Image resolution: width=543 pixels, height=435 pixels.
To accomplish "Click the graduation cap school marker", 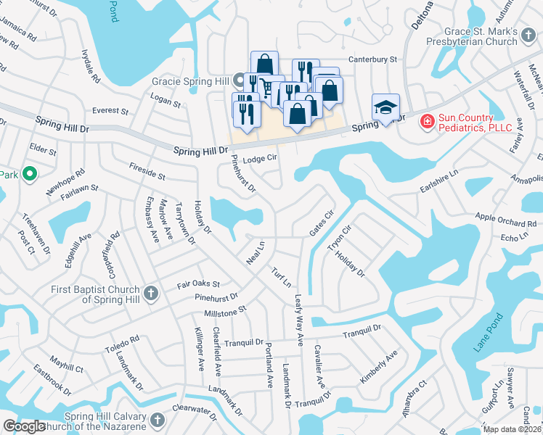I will click(385, 107).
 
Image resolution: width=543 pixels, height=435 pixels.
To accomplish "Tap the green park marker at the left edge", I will click(29, 174).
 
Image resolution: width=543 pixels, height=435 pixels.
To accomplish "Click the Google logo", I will click(25, 426).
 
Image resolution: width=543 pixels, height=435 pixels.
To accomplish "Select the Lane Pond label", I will click(488, 333).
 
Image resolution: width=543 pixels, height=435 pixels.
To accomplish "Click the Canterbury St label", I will click(373, 59).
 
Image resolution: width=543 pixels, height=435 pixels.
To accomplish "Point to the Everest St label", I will click(110, 112).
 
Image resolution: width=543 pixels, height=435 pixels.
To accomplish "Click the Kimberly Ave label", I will click(378, 368).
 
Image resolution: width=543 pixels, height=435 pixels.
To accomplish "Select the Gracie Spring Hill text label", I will click(191, 82).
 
